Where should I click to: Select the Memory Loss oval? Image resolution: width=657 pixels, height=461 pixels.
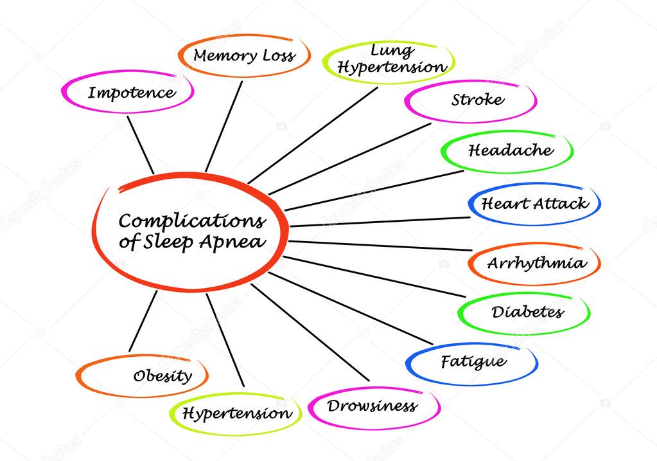pos(244,56)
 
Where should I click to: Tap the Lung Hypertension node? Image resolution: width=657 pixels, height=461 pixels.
pos(391,60)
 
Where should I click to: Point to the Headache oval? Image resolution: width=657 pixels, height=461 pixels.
pos(509,151)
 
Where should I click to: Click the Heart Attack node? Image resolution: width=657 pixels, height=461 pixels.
pos(534,204)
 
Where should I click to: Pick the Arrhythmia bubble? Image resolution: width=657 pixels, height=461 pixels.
pos(536,263)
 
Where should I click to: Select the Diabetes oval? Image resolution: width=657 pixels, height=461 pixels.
pos(527,312)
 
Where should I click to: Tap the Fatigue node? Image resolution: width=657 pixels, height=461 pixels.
pos(473,362)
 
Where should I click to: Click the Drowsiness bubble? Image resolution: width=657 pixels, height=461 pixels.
pos(372,406)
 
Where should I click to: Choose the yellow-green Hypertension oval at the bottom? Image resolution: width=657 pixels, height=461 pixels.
pos(236,413)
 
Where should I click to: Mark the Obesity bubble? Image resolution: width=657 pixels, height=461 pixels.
pos(162,376)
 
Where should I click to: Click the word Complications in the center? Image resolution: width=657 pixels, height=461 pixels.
pos(192,222)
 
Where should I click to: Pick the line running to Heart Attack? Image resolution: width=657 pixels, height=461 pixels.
pos(379,222)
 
